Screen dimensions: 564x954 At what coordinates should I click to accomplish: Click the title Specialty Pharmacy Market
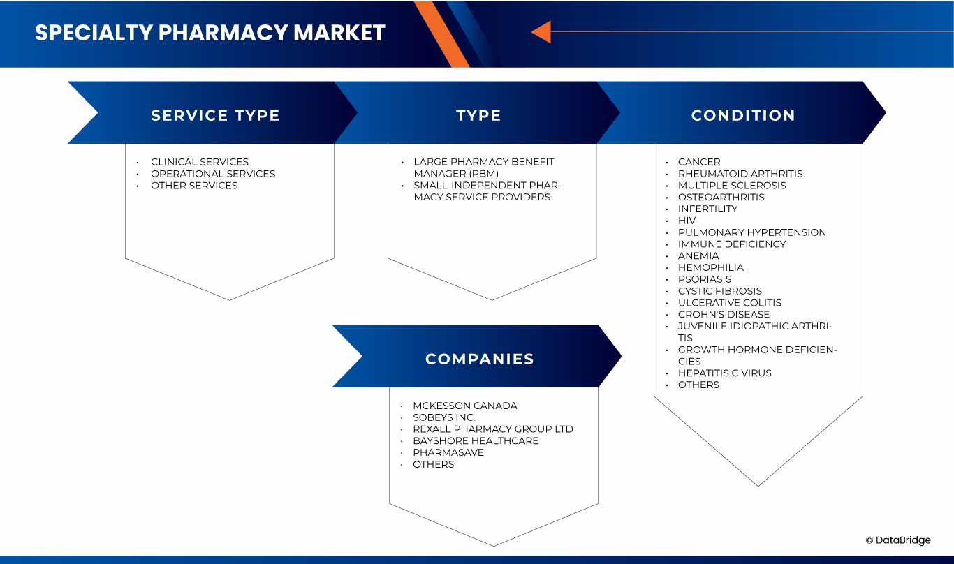(210, 33)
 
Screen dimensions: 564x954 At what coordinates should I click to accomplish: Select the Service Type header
(215, 116)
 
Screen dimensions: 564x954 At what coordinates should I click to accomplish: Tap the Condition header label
(743, 116)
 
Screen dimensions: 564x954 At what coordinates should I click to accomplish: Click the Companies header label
(479, 359)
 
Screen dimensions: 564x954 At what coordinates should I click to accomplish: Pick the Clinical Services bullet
(199, 162)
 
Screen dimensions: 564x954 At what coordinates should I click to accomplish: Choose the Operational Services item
(213, 174)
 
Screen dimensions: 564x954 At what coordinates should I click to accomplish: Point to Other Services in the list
(194, 186)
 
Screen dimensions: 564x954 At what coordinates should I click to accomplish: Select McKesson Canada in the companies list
(464, 406)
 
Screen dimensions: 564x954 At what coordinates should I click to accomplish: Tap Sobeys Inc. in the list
(443, 417)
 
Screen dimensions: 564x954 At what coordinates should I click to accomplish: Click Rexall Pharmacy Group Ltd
(492, 429)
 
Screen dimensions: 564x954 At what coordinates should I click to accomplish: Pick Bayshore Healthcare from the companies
(476, 441)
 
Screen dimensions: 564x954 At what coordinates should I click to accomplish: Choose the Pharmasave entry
(448, 452)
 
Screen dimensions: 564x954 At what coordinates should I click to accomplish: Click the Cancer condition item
(698, 162)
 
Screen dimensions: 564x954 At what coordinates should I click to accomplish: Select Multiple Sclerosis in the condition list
(731, 186)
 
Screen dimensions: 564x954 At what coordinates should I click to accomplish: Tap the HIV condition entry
(687, 221)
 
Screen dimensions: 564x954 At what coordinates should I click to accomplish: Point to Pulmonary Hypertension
(751, 232)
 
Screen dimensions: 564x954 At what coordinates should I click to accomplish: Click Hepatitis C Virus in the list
(724, 373)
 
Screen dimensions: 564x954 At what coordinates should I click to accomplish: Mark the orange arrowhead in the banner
(541, 32)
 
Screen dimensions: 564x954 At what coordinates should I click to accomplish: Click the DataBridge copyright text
(898, 540)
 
